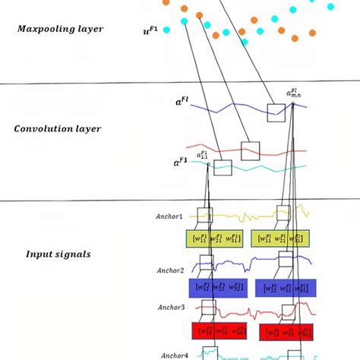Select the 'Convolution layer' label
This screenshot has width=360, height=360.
click(x=57, y=128)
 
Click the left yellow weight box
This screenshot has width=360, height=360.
click(x=215, y=239)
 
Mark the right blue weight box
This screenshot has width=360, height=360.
click(x=286, y=288)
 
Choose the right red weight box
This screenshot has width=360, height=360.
click(x=287, y=332)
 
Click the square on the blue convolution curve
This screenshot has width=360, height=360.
click(x=276, y=112)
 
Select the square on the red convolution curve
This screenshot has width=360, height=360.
click(x=250, y=150)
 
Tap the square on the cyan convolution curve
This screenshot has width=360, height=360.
click(x=223, y=167)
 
